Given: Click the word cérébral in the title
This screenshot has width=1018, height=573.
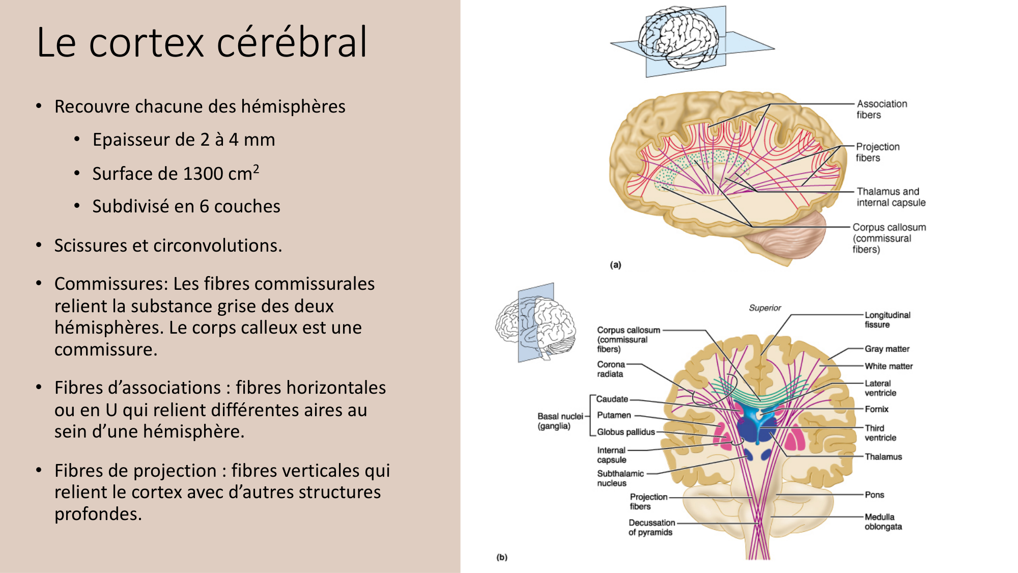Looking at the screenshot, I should tap(292, 42).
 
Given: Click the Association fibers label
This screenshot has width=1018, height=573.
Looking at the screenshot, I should tap(881, 109).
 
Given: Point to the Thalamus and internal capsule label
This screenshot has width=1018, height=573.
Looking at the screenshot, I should tap(891, 197).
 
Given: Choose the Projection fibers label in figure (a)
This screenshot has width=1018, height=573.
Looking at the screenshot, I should tap(878, 152).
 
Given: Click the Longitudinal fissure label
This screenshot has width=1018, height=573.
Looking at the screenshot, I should tap(887, 320).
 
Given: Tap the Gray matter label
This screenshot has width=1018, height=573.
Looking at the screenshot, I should tap(887, 349).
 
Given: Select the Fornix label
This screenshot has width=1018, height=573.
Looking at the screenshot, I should tap(876, 409).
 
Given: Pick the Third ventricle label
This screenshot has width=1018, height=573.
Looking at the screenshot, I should tap(880, 433).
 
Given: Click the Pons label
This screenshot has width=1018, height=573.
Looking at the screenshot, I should tap(874, 495).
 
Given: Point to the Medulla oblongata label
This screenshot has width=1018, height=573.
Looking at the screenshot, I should tap(883, 522).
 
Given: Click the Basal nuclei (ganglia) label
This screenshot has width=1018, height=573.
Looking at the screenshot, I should tap(559, 421).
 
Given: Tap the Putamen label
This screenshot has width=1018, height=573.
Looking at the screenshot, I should tap(613, 415).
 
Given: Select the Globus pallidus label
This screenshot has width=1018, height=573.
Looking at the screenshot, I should tap(626, 432).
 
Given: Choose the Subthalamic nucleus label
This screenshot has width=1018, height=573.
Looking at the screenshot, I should tap(620, 478).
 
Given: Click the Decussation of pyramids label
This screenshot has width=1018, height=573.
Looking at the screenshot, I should tap(651, 527).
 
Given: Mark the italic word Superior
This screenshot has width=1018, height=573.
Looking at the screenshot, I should tap(765, 308).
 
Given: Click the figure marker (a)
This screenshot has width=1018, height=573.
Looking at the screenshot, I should tap(615, 265).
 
